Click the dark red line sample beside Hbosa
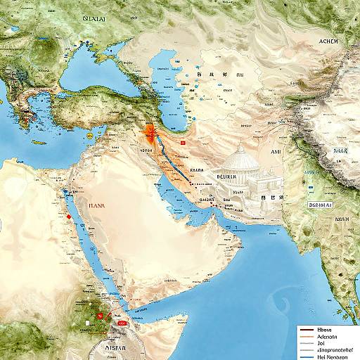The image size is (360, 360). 304,328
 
